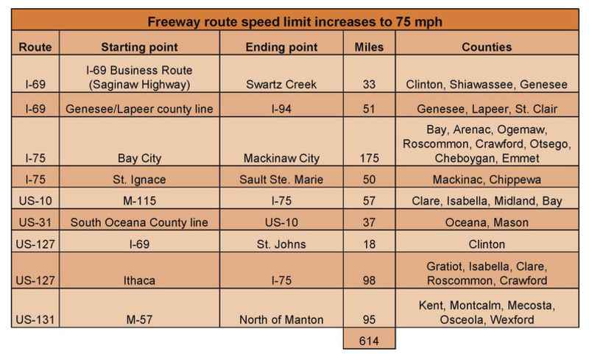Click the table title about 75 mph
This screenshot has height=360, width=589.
tap(294, 20)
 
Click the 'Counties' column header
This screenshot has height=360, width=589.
tap(487, 47)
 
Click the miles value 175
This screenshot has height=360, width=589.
tap(369, 158)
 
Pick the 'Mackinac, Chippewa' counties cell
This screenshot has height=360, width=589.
tap(487, 180)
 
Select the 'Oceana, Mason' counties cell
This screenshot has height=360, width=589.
tap(487, 223)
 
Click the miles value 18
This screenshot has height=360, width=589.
tap(369, 244)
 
